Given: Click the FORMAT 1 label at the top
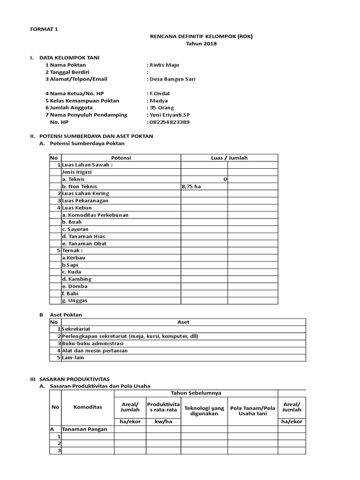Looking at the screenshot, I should (44, 29).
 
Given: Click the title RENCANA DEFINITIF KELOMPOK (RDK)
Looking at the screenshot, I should (201, 37).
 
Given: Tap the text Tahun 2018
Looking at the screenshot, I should (201, 44).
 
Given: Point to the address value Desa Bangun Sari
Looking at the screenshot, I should (172, 79).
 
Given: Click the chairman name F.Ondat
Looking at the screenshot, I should (160, 94).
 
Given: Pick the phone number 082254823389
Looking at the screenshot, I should (170, 122).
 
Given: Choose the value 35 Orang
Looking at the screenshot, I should (162, 108).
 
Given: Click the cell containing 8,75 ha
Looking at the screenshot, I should (191, 186).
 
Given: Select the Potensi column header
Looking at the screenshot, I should (121, 158).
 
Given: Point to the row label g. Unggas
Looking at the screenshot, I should (75, 300).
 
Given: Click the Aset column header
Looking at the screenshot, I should (183, 322).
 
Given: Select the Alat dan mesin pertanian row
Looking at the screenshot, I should (95, 350).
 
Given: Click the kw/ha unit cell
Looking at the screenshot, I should (163, 421).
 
